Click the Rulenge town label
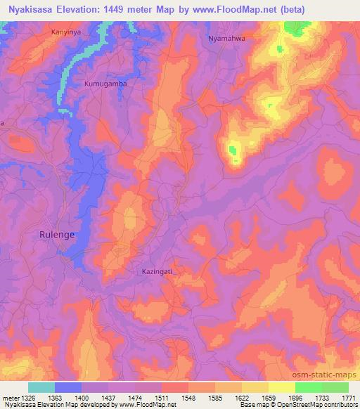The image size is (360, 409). [56, 234]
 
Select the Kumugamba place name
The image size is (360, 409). [105, 83]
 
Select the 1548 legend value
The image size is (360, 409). [189, 398]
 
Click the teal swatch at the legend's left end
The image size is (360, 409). [41, 387]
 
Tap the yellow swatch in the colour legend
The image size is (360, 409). [281, 387]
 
